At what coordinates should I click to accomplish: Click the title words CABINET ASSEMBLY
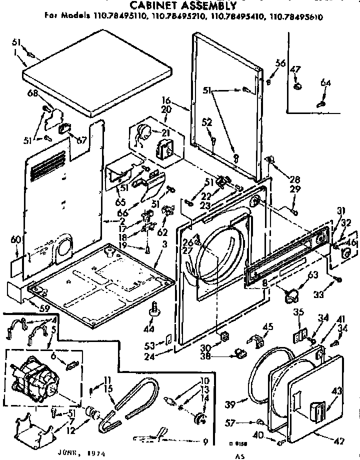[183, 5]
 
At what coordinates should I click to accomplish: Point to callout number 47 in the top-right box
[295, 70]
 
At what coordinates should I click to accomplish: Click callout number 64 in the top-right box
[325, 83]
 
